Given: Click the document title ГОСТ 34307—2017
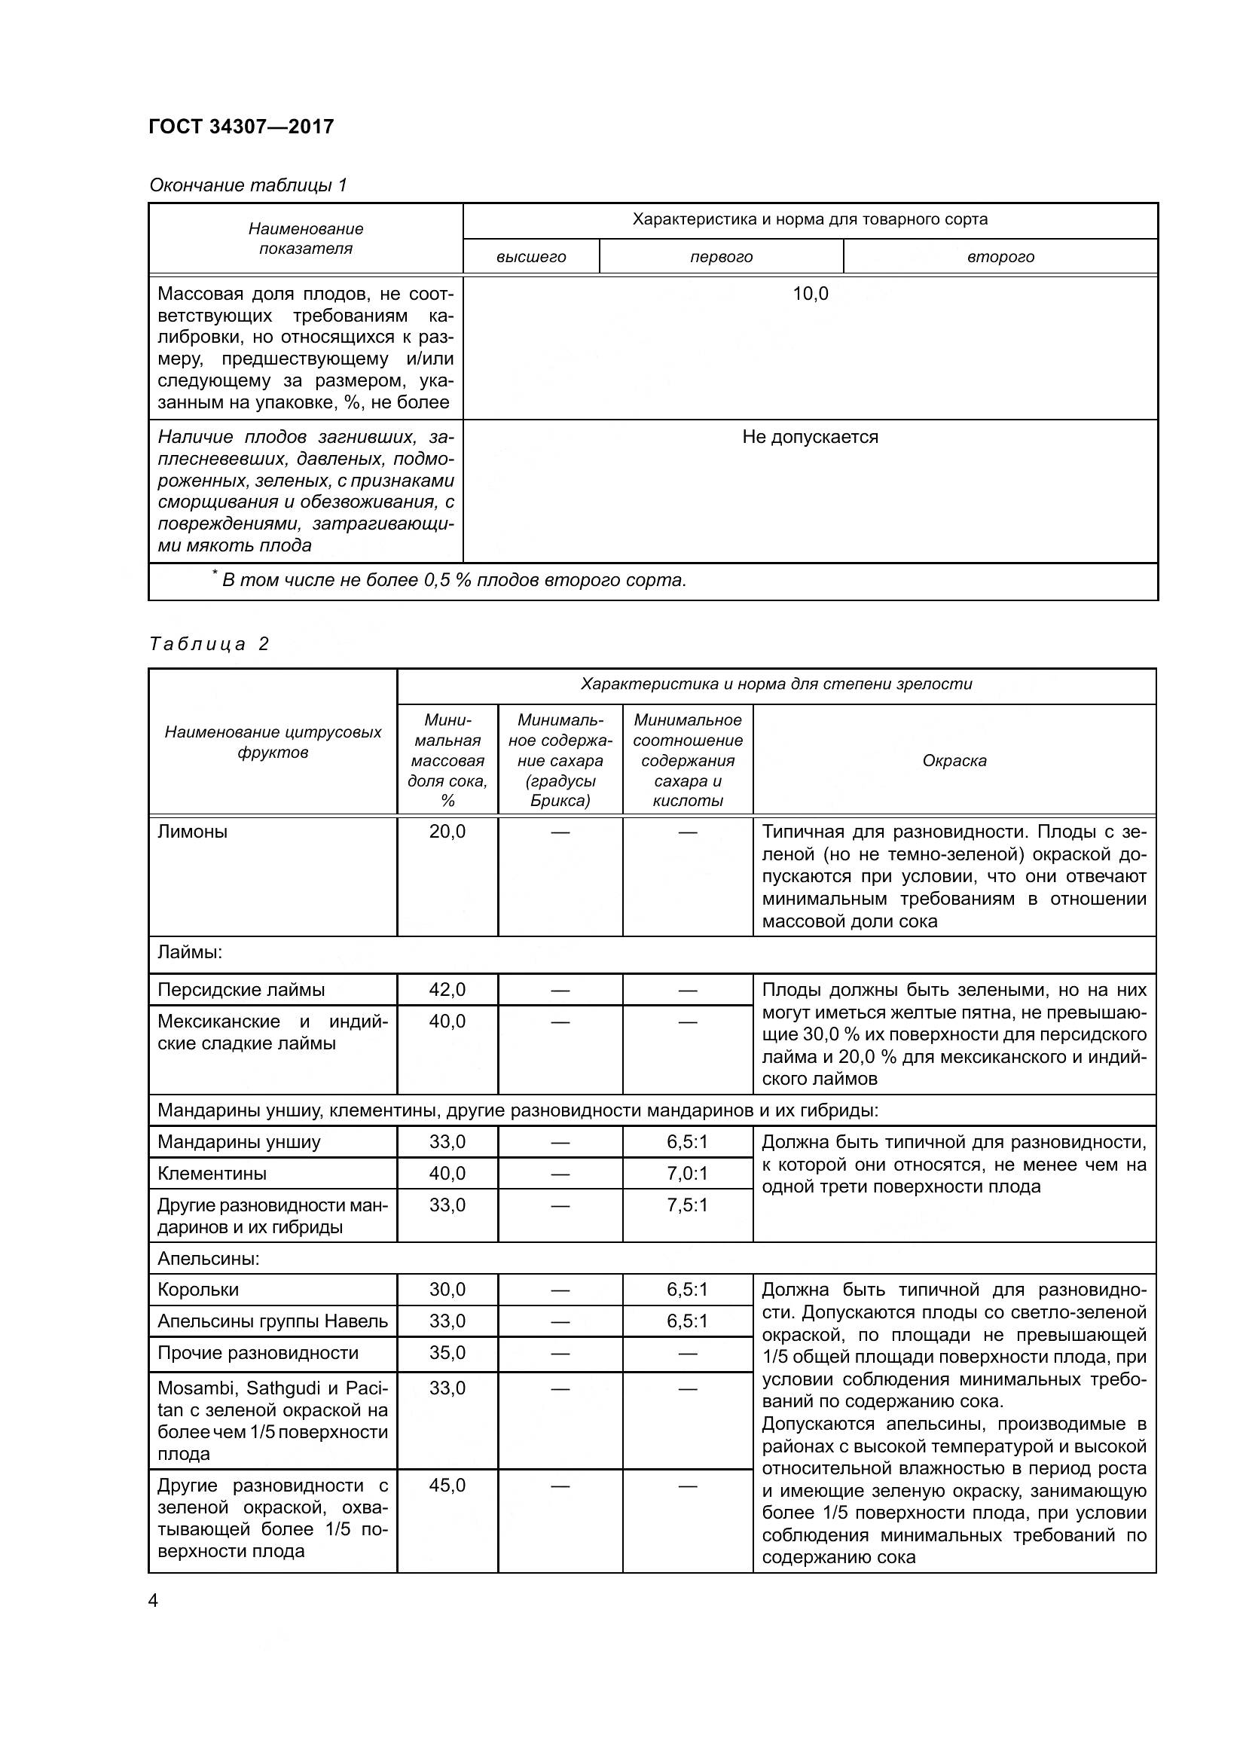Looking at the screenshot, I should (241, 127).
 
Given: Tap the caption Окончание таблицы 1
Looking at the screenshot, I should (248, 185).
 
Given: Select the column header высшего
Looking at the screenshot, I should (531, 257).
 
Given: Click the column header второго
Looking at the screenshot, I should (1000, 257).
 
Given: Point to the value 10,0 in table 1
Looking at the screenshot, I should (811, 294).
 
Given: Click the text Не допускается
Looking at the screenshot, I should (811, 438).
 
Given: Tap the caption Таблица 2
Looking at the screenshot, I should (209, 644).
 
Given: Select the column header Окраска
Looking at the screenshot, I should (954, 761).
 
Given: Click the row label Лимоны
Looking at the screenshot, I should (193, 832).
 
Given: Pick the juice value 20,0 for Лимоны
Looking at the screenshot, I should (447, 832).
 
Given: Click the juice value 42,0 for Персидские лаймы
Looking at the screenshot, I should (447, 990).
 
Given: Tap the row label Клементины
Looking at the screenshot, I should (212, 1174).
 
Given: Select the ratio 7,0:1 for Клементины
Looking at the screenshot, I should (687, 1174).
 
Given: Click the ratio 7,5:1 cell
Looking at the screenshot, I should (687, 1205).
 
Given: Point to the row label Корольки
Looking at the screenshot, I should (198, 1290).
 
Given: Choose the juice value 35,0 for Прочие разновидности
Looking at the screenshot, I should (447, 1353).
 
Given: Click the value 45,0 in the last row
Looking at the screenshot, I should (447, 1486).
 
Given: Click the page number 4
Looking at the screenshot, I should (153, 1601).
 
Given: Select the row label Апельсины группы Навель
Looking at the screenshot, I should (273, 1321).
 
